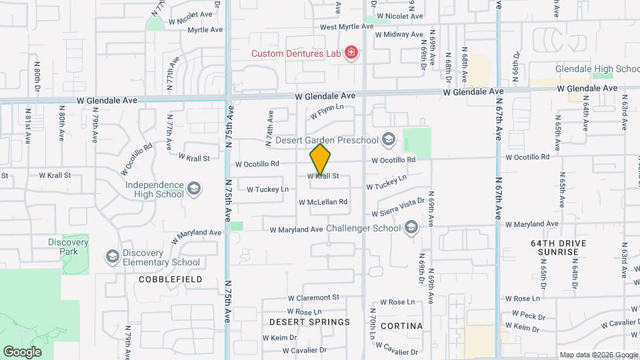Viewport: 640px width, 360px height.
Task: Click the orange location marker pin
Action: pyautogui.click(x=321, y=159)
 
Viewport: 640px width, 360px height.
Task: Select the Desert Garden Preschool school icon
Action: pyautogui.click(x=389, y=139)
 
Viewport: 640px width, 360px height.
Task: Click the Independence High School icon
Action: pyautogui.click(x=194, y=189)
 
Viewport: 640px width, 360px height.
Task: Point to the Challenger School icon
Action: pyautogui.click(x=411, y=228)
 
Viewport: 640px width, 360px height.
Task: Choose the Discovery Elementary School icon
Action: pyautogui.click(x=112, y=257)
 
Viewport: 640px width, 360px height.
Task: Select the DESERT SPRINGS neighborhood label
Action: pyautogui.click(x=309, y=322)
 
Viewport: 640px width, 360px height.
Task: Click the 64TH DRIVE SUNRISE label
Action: pyautogui.click(x=555, y=247)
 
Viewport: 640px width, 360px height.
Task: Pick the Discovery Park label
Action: pyautogui.click(x=69, y=247)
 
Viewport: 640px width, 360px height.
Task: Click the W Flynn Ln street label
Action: pyautogui.click(x=327, y=111)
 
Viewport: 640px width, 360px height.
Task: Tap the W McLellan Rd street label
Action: pyautogui.click(x=323, y=202)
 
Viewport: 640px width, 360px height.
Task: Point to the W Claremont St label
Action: pyautogui.click(x=313, y=297)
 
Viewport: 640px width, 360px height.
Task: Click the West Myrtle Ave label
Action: pyautogui.click(x=347, y=27)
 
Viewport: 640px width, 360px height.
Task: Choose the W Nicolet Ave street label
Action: pyautogui.click(x=399, y=16)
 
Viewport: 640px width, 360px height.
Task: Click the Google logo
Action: pyautogui.click(x=23, y=351)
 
